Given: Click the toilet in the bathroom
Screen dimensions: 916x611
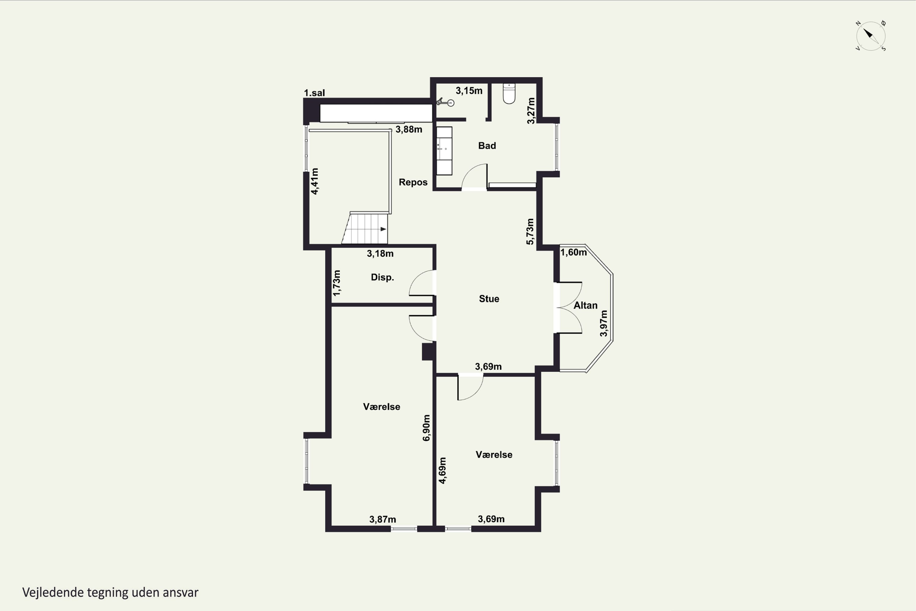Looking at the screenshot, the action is click(x=509, y=93).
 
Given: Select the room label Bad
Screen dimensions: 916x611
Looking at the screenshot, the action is click(x=487, y=146).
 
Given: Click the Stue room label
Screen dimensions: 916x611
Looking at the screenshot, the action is click(x=489, y=299).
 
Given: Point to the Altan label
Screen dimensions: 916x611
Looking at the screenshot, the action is click(x=585, y=305).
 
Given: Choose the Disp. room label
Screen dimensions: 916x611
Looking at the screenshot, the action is click(x=382, y=277).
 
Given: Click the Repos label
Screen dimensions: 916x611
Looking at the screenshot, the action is click(x=413, y=182).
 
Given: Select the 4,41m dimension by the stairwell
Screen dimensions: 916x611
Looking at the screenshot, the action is click(x=315, y=181).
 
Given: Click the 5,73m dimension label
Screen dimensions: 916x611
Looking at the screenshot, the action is click(x=530, y=232).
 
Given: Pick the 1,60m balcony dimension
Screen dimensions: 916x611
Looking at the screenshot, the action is click(x=573, y=253).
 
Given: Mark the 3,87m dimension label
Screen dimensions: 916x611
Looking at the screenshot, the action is click(x=383, y=519).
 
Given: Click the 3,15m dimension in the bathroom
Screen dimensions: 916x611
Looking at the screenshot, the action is click(x=469, y=91).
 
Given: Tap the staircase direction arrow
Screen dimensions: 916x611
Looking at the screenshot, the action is click(x=383, y=229).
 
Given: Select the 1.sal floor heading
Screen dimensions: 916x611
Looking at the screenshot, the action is click(x=314, y=93).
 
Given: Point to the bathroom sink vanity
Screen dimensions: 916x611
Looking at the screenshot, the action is click(x=444, y=151).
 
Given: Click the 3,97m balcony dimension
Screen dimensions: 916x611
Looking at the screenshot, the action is click(x=603, y=324).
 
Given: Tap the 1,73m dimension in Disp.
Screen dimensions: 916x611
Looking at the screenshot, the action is click(x=337, y=283).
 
